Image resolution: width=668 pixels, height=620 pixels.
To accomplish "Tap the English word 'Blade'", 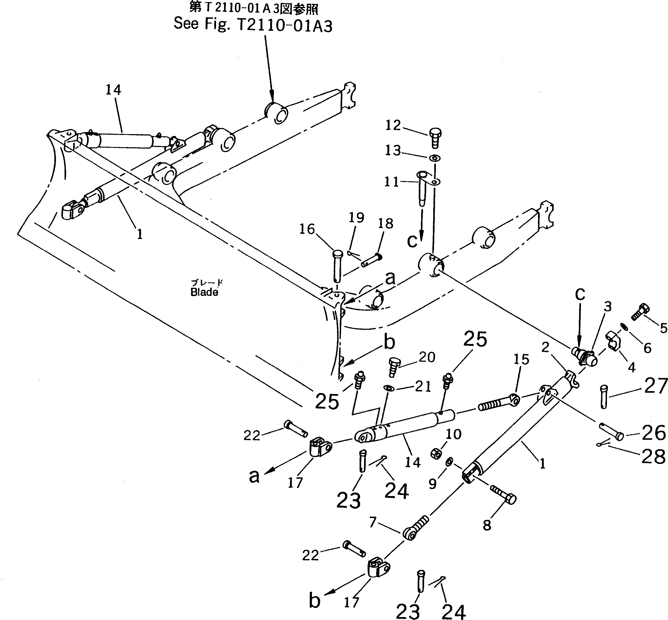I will (x=204, y=293).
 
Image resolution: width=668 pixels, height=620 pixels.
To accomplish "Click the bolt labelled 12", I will (x=435, y=138).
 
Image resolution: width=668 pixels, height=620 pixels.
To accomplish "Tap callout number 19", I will (x=356, y=218).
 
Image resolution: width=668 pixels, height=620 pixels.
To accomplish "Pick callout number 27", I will (x=656, y=386).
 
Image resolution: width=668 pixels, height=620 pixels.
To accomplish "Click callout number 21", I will (x=423, y=387).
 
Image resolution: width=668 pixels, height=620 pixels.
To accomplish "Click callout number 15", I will (x=521, y=360).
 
